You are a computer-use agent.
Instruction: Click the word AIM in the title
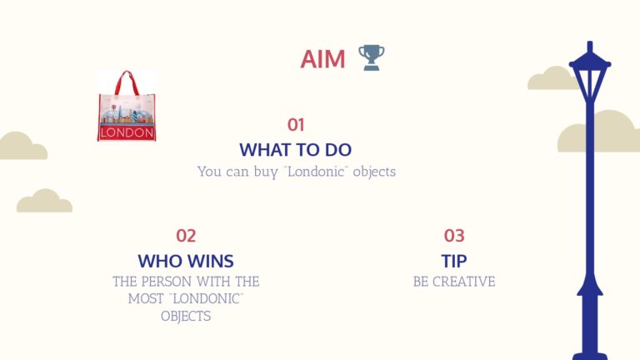point(322,59)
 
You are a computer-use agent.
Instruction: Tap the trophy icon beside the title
point(371,57)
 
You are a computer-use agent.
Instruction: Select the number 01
point(296,125)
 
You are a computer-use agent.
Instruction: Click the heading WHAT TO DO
point(296,150)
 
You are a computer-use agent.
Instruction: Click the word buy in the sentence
point(265,172)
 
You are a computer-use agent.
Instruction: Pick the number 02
point(186,236)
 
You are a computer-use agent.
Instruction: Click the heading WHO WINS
point(186,261)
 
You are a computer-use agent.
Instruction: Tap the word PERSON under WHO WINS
point(166,282)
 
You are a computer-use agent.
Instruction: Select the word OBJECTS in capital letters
point(186,316)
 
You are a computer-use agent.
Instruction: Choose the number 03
point(454,236)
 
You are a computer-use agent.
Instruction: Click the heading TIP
point(454,261)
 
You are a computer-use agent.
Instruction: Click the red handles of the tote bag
point(127,82)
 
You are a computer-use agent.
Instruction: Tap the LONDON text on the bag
point(127,132)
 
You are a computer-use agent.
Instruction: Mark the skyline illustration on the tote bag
point(127,113)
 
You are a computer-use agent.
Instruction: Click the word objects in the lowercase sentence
point(374,172)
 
